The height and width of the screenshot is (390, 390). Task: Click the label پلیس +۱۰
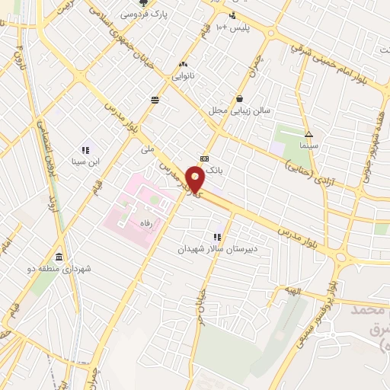[232, 27]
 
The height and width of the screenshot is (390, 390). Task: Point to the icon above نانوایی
[183, 65]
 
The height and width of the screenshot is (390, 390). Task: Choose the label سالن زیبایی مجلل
[241, 110]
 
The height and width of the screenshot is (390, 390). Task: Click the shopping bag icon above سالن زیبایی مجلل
[240, 98]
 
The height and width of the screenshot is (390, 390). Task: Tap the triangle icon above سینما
[308, 133]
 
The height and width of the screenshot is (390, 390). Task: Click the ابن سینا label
[85, 161]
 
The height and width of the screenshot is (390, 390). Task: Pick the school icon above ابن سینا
[85, 150]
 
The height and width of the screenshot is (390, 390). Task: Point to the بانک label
[215, 171]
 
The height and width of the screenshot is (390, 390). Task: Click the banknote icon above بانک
[203, 158]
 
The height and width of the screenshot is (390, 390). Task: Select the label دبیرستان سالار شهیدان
[218, 248]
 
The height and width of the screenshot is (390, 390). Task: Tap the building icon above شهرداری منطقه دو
[59, 256]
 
